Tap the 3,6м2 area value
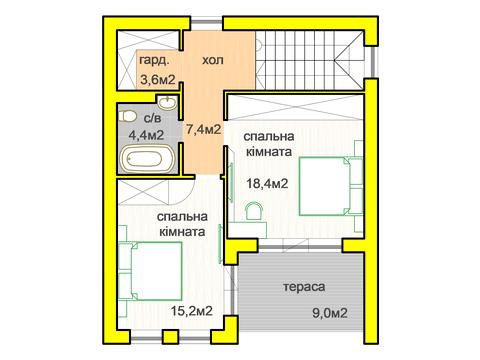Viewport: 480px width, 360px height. [158, 79]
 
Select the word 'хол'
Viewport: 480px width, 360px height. [213, 61]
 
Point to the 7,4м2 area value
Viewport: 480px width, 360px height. [204, 129]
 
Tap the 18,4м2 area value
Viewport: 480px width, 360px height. [268, 183]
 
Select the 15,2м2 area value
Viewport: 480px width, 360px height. [191, 311]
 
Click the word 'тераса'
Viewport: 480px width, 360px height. [303, 286]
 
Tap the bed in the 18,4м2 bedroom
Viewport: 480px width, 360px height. [325, 184]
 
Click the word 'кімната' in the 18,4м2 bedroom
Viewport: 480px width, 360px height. [267, 153]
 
